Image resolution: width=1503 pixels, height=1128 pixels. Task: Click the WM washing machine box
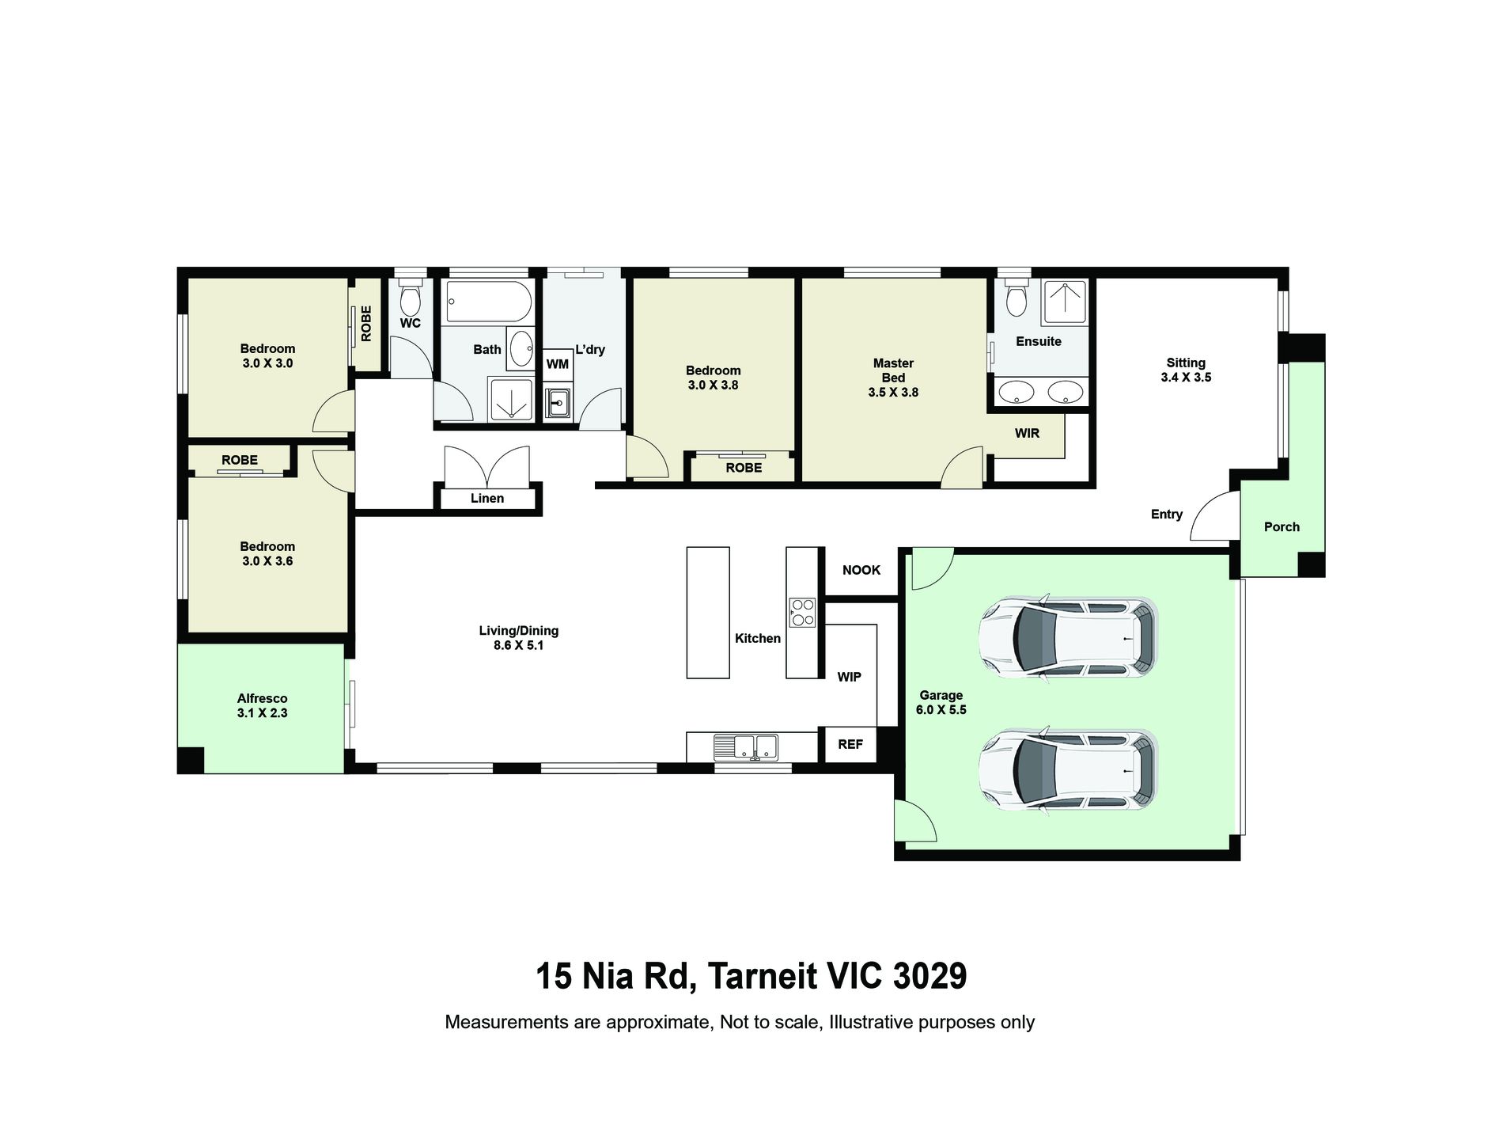[557, 364]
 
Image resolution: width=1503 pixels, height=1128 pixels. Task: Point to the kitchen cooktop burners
[801, 611]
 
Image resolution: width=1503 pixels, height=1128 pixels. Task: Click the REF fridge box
[850, 744]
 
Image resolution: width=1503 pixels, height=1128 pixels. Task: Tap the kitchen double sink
[745, 746]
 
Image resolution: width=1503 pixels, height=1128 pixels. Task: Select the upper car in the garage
[1068, 636]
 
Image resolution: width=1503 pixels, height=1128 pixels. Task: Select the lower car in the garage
[1068, 769]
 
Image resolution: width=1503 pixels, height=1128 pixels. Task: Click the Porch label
[1282, 526]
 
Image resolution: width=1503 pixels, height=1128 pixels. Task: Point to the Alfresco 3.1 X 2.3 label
[262, 705]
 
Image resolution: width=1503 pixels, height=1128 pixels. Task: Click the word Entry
[1166, 515]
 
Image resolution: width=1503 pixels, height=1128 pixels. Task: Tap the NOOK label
[861, 570]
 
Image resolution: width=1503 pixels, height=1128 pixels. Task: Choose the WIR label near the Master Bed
[1027, 433]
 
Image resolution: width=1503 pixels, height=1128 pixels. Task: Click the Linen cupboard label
[487, 498]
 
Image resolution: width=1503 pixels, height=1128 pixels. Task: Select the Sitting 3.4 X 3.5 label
[1186, 370]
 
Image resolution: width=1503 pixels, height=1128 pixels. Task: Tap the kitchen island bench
[708, 613]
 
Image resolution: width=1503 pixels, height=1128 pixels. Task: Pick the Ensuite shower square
[1065, 302]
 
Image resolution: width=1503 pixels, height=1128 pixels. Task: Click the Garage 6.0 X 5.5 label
[941, 703]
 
